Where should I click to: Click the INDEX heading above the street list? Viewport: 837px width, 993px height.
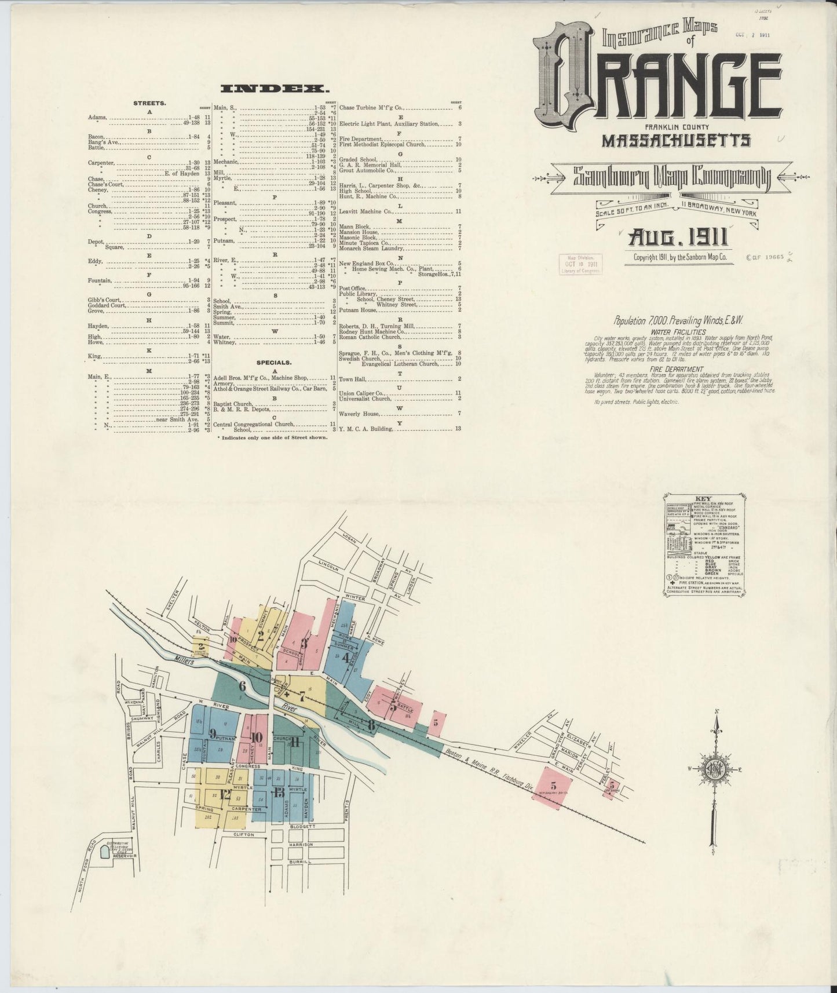(275, 89)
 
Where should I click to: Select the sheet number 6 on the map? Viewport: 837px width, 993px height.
(243, 687)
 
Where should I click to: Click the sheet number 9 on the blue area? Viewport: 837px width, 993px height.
(213, 733)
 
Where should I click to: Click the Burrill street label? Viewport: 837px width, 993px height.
(301, 861)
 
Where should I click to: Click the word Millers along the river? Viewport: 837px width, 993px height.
(185, 659)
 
